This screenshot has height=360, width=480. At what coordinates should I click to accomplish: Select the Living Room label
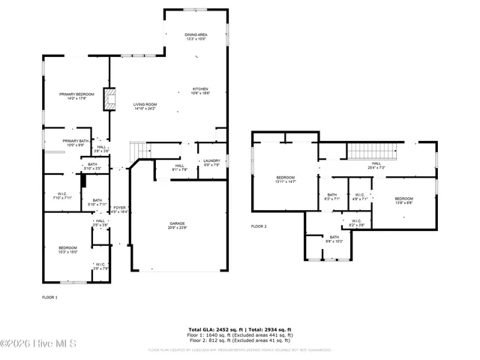coord(145,106)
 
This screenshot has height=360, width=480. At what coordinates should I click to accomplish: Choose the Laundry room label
coord(211,163)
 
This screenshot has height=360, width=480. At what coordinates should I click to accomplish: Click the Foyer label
coord(120,210)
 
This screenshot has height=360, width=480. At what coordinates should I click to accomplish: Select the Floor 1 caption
coord(49,298)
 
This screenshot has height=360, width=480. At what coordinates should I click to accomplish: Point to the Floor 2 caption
coord(259,226)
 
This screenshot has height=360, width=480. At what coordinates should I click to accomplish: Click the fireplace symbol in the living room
coord(110,99)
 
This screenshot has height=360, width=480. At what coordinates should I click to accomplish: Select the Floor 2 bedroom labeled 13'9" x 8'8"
coord(404,200)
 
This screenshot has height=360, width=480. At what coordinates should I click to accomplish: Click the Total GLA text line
coord(239,329)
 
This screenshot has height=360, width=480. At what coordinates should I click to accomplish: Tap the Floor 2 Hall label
coord(376,166)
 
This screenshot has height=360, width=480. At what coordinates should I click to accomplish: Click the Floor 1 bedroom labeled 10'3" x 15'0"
coord(67,249)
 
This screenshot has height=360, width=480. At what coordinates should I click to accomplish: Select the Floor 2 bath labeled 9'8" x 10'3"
coord(334,239)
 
